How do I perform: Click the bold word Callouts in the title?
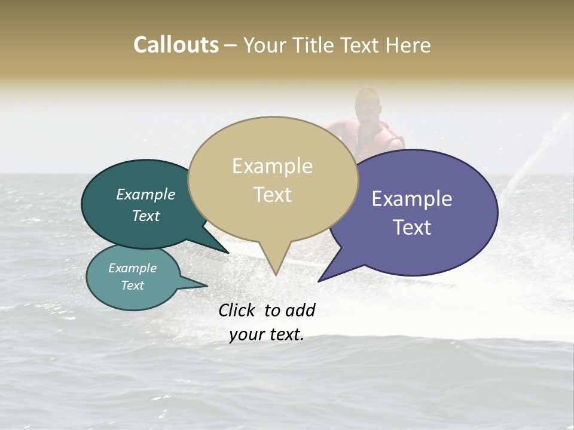click(x=176, y=45)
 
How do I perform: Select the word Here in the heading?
click(x=409, y=45)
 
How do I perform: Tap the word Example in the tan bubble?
click(x=272, y=166)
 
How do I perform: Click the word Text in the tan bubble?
click(x=272, y=195)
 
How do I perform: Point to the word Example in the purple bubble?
click(x=412, y=199)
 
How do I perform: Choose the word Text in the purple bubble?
click(x=412, y=228)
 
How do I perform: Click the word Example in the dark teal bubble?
click(x=145, y=195)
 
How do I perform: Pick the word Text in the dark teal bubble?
click(x=145, y=216)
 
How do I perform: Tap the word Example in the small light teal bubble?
click(x=132, y=268)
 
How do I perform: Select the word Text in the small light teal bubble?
click(x=132, y=285)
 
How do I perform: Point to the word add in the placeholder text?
click(x=300, y=310)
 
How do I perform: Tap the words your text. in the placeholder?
click(x=267, y=335)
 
